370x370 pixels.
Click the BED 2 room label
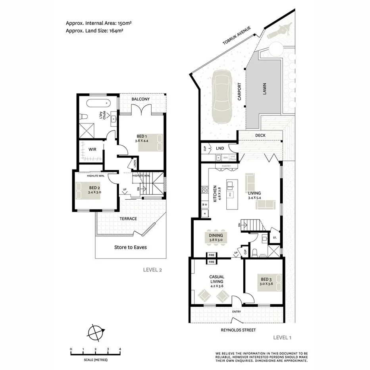tap(94, 187)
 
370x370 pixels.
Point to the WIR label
tap(92, 150)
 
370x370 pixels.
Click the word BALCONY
tap(141, 99)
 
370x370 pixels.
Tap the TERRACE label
tap(128, 219)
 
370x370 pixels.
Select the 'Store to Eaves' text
tap(130, 247)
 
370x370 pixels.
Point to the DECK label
tap(260, 135)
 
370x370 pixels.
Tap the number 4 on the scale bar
tap(120, 349)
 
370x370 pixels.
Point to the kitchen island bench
tap(231, 194)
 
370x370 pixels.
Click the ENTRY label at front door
tap(237, 312)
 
